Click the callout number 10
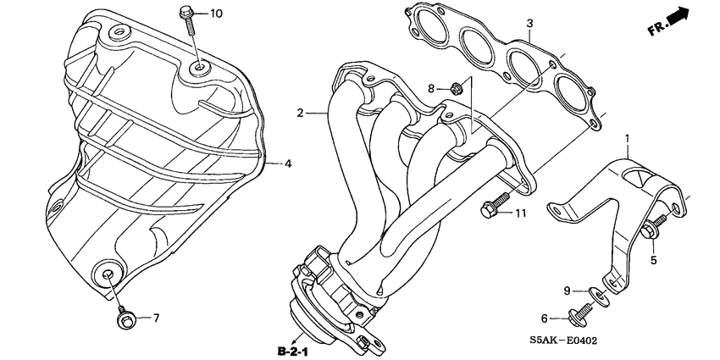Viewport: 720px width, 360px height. (215, 13)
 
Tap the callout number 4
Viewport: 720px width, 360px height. (288, 163)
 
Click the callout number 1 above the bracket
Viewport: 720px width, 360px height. (628, 137)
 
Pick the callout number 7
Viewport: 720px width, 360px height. (156, 318)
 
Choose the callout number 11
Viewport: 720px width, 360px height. (519, 212)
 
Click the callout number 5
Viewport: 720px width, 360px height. (653, 260)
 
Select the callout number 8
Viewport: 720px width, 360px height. (430, 88)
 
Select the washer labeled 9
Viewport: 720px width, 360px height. (598, 296)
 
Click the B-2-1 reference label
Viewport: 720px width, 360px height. (295, 348)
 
